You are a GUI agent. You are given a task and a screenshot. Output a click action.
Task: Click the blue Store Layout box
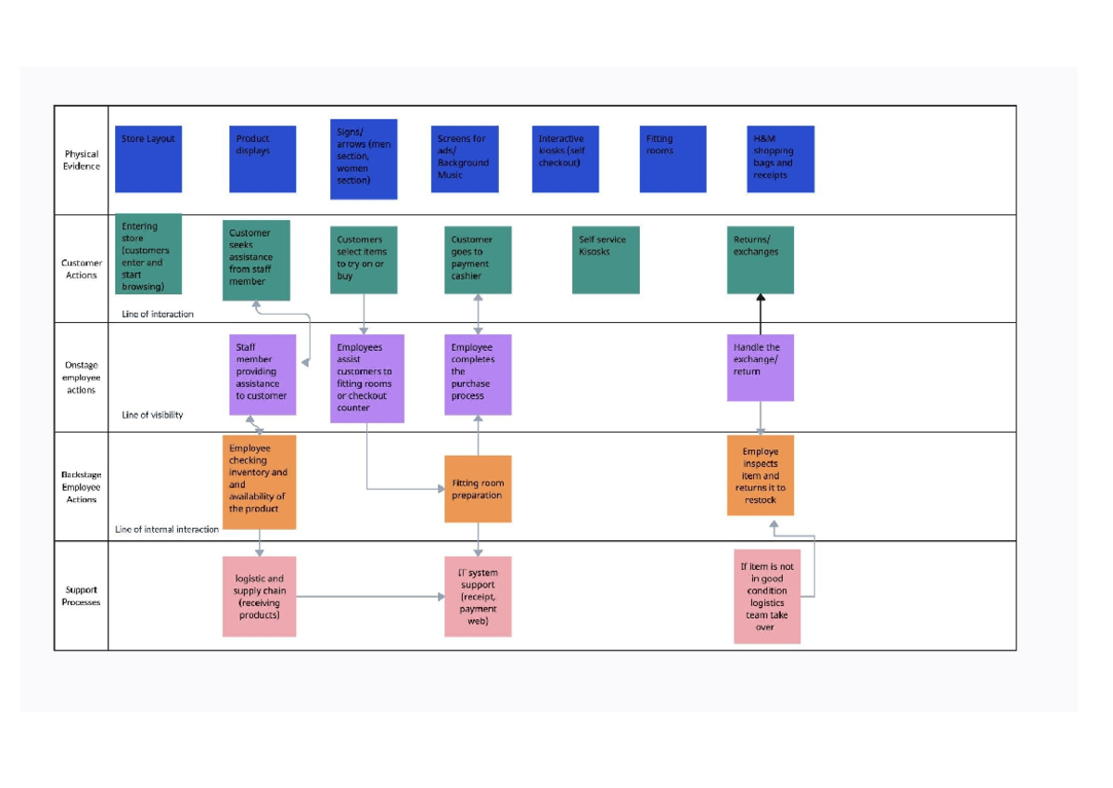pyautogui.click(x=148, y=159)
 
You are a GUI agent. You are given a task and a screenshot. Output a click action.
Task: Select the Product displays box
pyautogui.click(x=262, y=159)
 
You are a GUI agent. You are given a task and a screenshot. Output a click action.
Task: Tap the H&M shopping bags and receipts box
pyautogui.click(x=781, y=159)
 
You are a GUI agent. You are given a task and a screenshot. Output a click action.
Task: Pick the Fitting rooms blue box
pyautogui.click(x=672, y=159)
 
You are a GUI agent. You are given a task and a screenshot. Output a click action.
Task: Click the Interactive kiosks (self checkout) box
pyautogui.click(x=566, y=159)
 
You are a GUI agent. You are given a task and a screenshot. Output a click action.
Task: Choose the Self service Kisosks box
pyautogui.click(x=606, y=260)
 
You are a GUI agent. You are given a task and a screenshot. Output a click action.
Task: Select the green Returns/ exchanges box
pyautogui.click(x=761, y=260)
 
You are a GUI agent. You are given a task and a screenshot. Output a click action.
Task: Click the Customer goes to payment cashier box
pyautogui.click(x=478, y=260)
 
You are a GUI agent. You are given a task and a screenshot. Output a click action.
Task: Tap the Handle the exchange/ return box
pyautogui.click(x=761, y=368)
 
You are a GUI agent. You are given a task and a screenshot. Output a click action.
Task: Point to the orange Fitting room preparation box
pyautogui.click(x=478, y=489)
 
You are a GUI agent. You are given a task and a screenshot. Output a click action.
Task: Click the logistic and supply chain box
pyautogui.click(x=260, y=597)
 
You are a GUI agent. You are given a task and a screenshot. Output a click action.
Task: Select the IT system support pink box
pyautogui.click(x=478, y=597)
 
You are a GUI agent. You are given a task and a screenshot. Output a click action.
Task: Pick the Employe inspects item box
pyautogui.click(x=761, y=475)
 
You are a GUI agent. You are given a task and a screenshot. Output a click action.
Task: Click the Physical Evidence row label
pyautogui.click(x=82, y=160)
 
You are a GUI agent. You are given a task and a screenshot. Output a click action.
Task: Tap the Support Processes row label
pyautogui.click(x=81, y=596)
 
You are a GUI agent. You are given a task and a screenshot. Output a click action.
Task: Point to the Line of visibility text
pyautogui.click(x=152, y=415)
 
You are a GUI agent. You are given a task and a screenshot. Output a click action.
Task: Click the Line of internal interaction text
pyautogui.click(x=167, y=529)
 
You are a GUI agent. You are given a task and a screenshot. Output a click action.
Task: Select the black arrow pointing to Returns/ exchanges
pyautogui.click(x=761, y=315)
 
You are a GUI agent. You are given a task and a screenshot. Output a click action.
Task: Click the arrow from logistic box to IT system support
pyautogui.click(x=371, y=597)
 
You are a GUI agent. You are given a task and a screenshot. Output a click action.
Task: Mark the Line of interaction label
pyautogui.click(x=158, y=315)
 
